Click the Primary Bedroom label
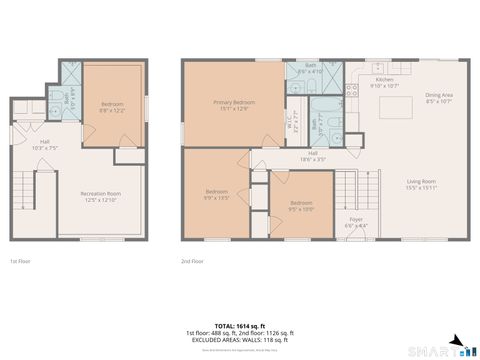tap(232, 105)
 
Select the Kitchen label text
tap(384, 82)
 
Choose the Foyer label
tap(356, 222)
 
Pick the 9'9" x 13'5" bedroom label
tap(218, 194)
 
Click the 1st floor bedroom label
tap(112, 105)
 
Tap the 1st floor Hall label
tap(45, 144)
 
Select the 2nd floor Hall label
tap(313, 155)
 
